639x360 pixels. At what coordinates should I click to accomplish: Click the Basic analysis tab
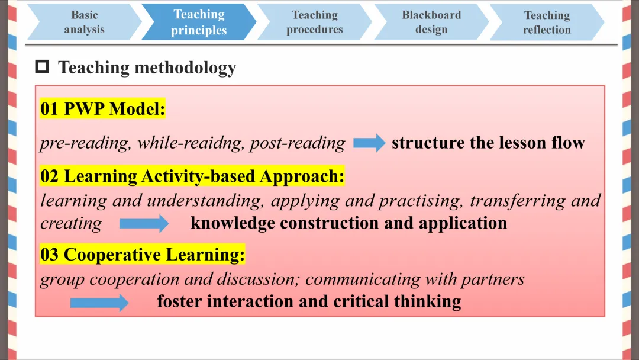[85, 22]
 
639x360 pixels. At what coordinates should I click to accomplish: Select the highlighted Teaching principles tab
[199, 22]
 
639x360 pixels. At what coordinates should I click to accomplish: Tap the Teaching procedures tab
[315, 22]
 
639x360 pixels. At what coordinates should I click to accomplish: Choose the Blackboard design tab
[431, 22]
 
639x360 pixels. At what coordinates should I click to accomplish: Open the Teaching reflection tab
[547, 22]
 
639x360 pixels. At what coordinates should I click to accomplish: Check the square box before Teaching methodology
[42, 66]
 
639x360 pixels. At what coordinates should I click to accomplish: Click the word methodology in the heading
[185, 67]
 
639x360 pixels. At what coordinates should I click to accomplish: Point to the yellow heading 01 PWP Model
[102, 109]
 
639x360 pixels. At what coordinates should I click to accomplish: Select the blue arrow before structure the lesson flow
[369, 143]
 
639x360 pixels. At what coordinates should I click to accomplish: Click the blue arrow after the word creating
[144, 223]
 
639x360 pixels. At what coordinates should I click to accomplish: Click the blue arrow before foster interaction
[99, 303]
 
